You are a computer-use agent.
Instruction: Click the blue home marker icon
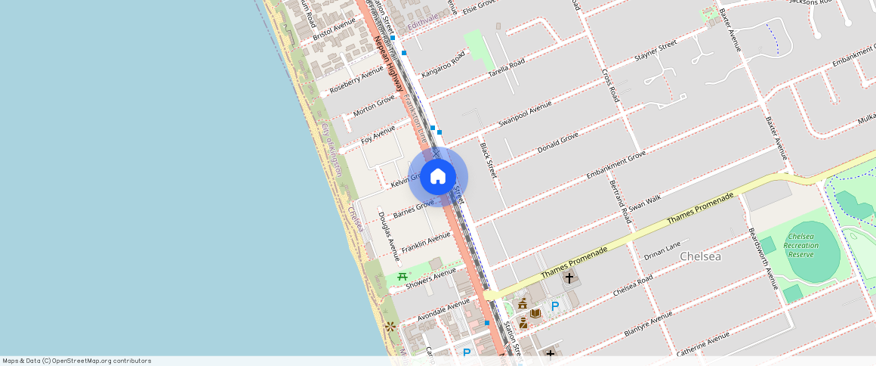(x=438, y=177)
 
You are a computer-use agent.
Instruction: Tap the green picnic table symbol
(x=403, y=277)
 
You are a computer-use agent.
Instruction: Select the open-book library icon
(x=535, y=313)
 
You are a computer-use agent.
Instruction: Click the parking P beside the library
(x=555, y=306)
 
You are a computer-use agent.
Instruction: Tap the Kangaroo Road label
(x=443, y=66)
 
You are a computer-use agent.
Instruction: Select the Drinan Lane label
(x=662, y=250)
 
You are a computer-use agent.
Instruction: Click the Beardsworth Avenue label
(x=762, y=257)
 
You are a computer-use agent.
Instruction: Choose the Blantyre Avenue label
(x=648, y=324)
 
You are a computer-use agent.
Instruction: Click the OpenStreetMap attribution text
(x=77, y=361)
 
